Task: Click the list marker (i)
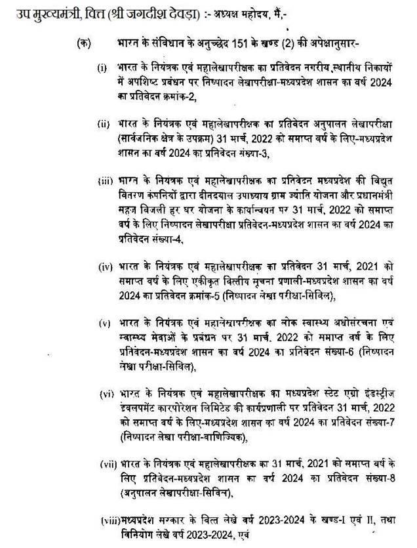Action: tap(102, 68)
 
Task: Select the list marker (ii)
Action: tap(104, 123)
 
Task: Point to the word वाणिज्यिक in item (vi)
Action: tap(226, 437)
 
